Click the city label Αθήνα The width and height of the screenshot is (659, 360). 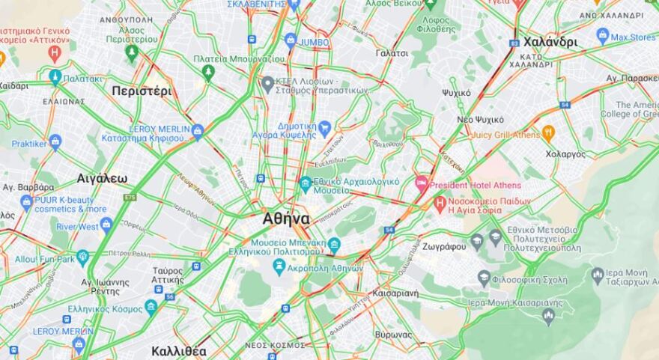[x=286, y=219]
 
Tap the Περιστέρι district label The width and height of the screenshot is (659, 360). [x=142, y=91]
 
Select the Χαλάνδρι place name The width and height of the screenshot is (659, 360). [x=550, y=42]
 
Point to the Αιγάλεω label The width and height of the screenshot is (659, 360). [x=102, y=178]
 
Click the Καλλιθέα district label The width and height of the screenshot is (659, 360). [x=178, y=350]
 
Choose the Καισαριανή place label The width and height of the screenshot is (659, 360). [x=395, y=293]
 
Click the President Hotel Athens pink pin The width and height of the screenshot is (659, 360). [x=422, y=183]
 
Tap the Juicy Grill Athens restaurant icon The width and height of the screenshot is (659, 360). [x=548, y=134]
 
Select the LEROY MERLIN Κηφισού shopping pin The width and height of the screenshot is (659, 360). [x=198, y=132]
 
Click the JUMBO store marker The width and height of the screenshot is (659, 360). [x=291, y=41]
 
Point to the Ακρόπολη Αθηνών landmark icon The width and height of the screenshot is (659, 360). [x=279, y=266]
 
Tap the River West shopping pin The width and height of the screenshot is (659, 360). [x=106, y=225]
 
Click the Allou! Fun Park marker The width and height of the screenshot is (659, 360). [x=82, y=257]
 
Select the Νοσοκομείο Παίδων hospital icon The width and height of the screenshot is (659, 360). [x=440, y=203]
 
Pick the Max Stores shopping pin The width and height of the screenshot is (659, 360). [x=603, y=35]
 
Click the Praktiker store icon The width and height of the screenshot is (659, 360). [x=55, y=141]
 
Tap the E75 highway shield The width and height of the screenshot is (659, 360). [x=130, y=198]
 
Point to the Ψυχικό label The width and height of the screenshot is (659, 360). [x=456, y=93]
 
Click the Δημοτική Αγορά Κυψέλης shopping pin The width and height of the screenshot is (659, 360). [x=324, y=129]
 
